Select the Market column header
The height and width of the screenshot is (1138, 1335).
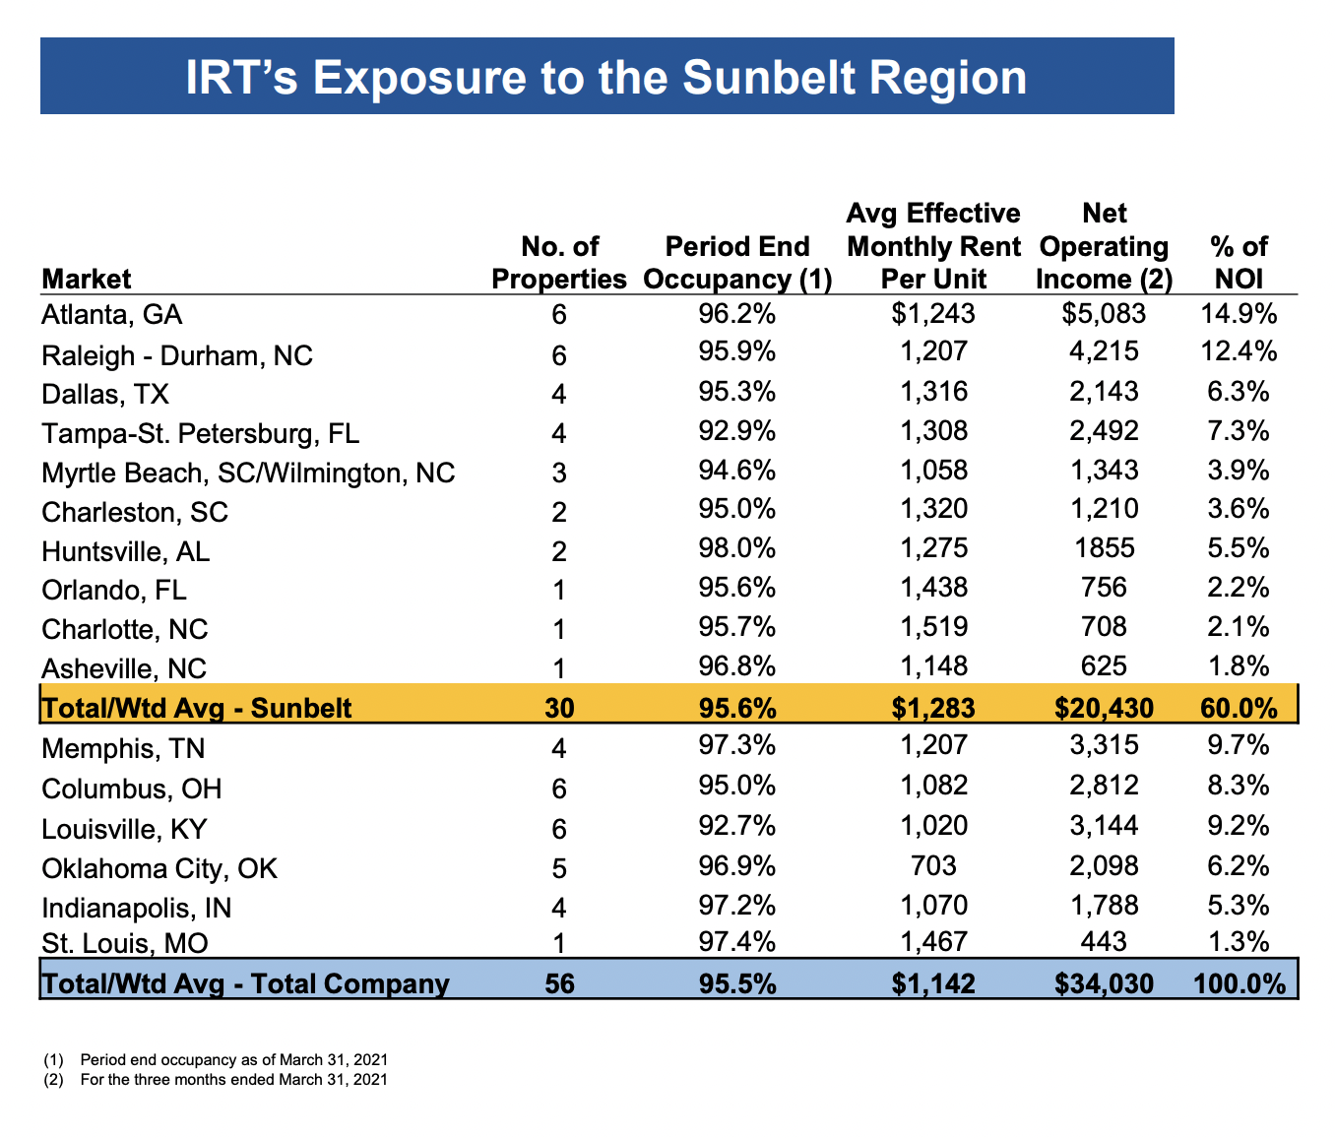(x=87, y=279)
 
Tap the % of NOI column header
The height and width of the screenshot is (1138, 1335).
(x=1239, y=263)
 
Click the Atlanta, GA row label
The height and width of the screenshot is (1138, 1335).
(x=112, y=315)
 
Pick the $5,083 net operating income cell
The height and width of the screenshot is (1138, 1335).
(x=1104, y=314)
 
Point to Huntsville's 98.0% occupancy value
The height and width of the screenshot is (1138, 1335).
(x=736, y=548)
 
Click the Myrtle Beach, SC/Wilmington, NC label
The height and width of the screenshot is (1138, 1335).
(x=248, y=473)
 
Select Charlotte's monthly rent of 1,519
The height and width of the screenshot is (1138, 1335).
(x=933, y=627)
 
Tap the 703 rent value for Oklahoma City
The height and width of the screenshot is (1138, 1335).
(x=933, y=865)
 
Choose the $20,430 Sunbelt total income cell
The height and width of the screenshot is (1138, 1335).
(x=1104, y=707)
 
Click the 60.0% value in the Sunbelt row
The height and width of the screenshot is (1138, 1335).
(x=1239, y=707)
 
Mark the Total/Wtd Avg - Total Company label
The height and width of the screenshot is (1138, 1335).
(x=245, y=983)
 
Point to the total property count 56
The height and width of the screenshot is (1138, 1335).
(x=559, y=983)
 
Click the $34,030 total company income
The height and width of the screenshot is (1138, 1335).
(x=1104, y=983)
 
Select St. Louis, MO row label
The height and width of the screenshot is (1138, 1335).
(x=125, y=944)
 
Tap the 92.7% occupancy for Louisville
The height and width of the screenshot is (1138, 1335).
(x=736, y=826)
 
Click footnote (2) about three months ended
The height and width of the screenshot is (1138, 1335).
(x=233, y=1079)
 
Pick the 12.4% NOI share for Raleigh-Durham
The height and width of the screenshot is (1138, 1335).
(x=1239, y=351)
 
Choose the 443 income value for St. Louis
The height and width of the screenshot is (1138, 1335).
(x=1104, y=942)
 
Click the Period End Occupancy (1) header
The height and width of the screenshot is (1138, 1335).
(x=737, y=263)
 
